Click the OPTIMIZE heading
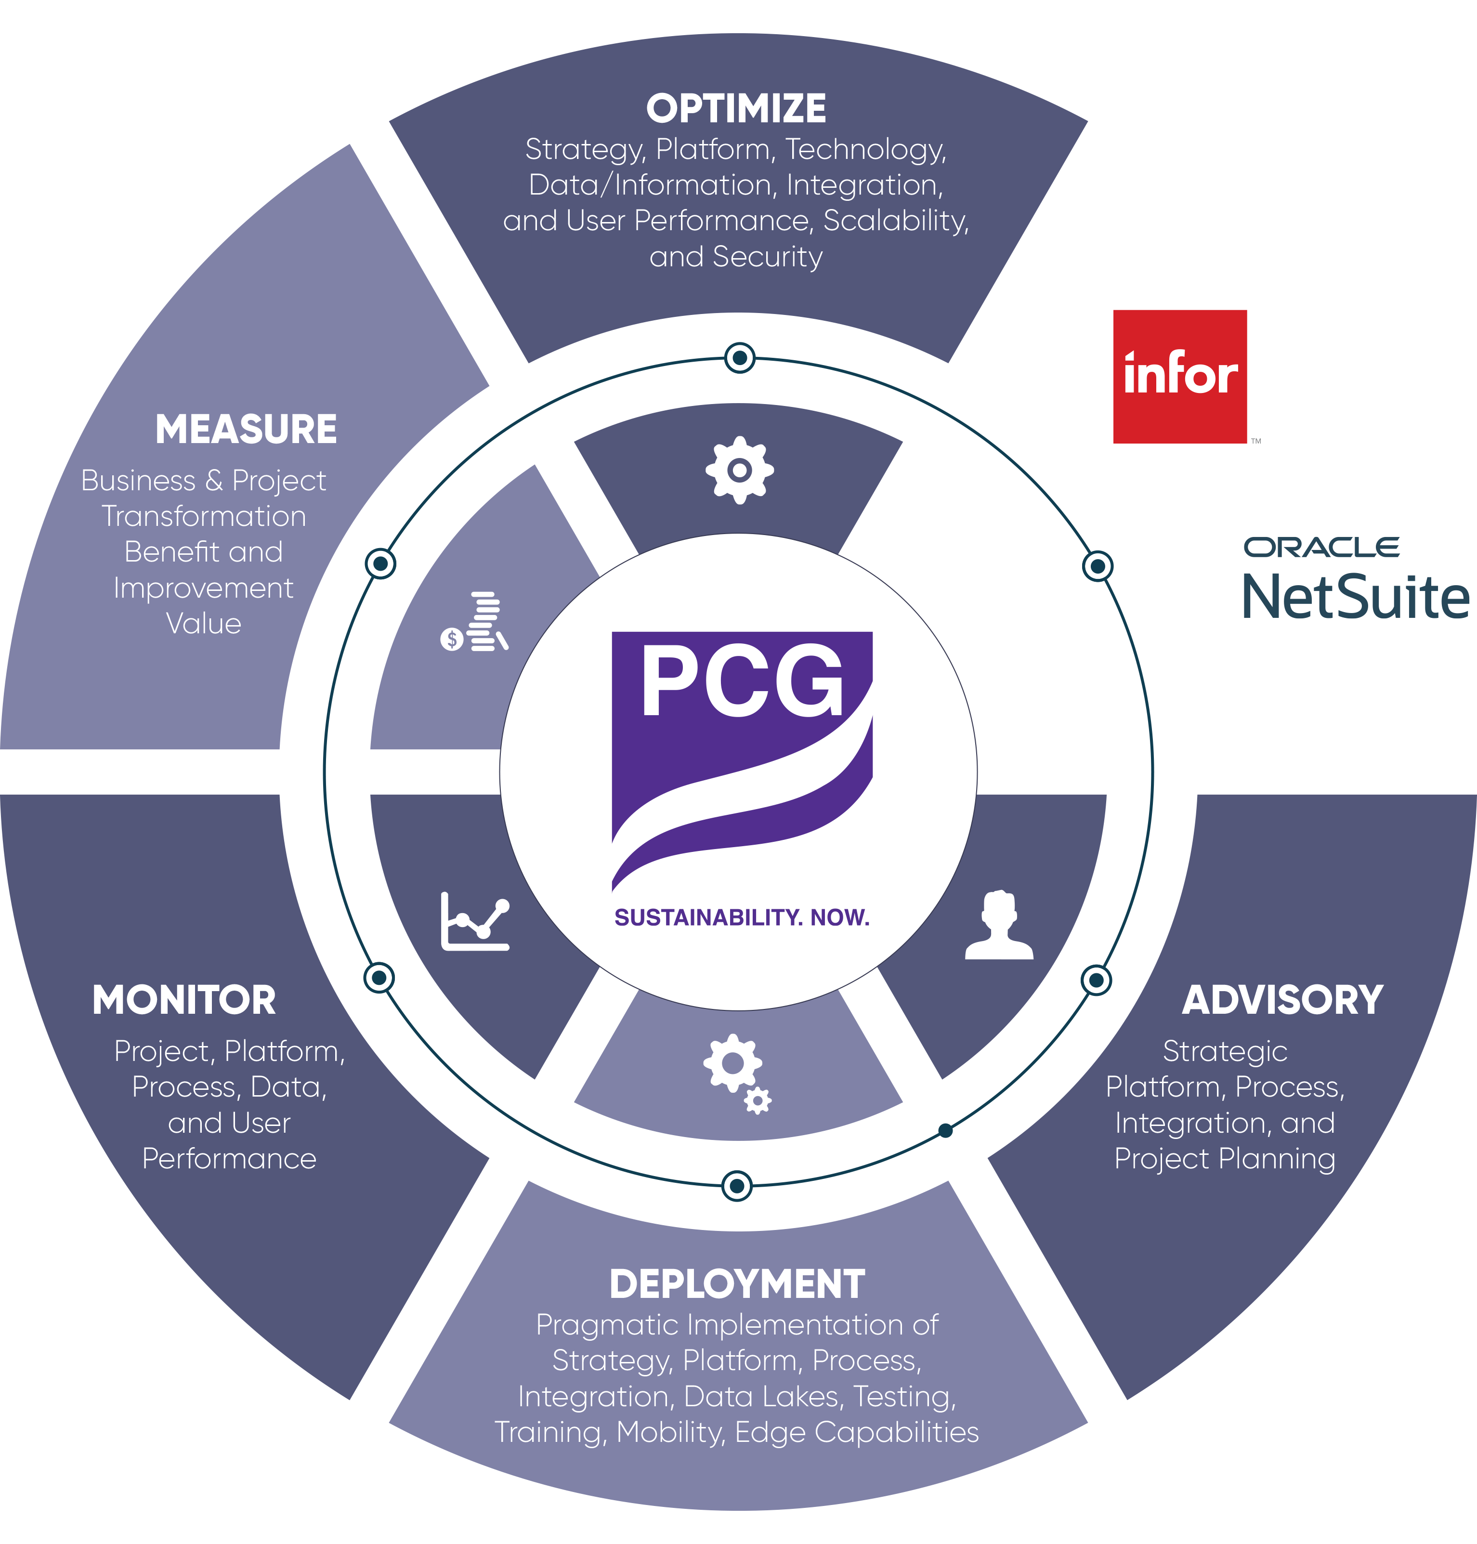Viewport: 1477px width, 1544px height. pyautogui.click(x=736, y=109)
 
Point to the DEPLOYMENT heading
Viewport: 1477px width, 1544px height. pyautogui.click(x=737, y=1284)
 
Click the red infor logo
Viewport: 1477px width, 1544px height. pyautogui.click(x=1179, y=376)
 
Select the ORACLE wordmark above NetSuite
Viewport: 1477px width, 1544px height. pyautogui.click(x=1321, y=547)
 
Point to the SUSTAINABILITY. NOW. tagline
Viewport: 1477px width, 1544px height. pyautogui.click(x=742, y=917)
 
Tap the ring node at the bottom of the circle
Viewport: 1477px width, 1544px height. pyautogui.click(x=737, y=1185)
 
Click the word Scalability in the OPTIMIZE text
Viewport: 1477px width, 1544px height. pyautogui.click(x=895, y=221)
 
